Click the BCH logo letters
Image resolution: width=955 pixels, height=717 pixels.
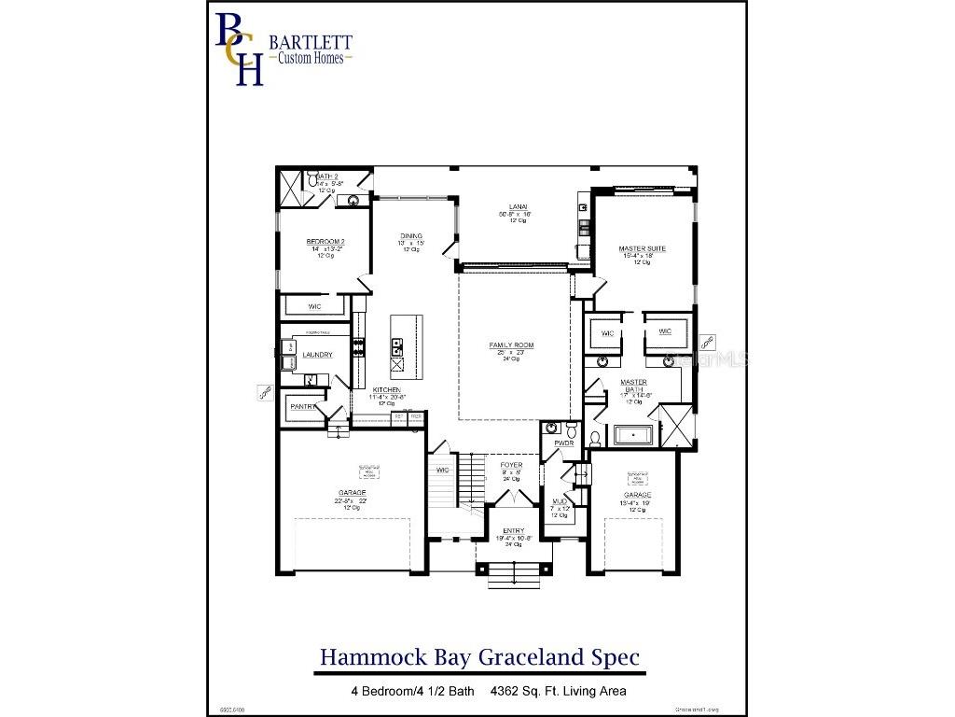coord(239,48)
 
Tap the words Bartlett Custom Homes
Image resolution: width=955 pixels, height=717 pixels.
coord(311,49)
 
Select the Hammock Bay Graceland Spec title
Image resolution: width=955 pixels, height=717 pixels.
coord(479,657)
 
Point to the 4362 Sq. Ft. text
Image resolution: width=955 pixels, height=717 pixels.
coord(558,692)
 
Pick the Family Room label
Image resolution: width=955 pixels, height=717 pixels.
coord(511,345)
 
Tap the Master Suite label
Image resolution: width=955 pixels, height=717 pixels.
coord(642,249)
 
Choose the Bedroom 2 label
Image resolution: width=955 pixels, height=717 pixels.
coord(326,242)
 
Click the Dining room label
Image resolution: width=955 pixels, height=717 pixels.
coord(411,236)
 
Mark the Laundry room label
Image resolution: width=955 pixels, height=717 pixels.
coord(317,355)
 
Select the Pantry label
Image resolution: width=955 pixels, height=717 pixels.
coord(303,407)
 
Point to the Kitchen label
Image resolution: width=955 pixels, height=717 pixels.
coord(387,389)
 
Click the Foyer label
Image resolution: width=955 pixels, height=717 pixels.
coord(511,465)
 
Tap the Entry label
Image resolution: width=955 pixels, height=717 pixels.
coord(514,530)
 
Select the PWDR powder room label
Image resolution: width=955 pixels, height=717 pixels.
coord(563,443)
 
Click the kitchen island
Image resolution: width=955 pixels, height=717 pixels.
coord(406,343)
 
